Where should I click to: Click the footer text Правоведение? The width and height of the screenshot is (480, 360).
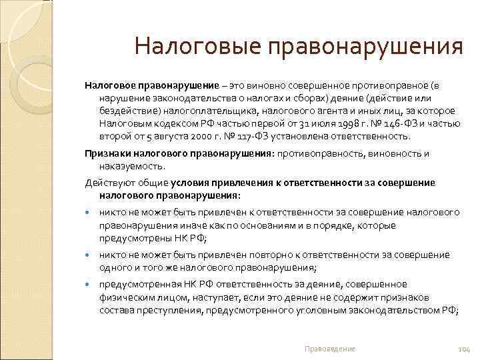click(329, 349)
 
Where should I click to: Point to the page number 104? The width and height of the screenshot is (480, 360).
click(465, 349)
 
